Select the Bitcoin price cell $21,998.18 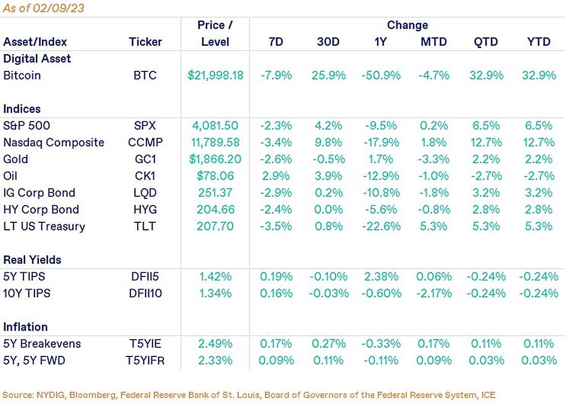pyautogui.click(x=215, y=75)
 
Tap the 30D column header pyautogui.click(x=328, y=42)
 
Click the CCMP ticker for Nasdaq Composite pyautogui.click(x=146, y=142)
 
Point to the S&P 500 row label pyautogui.click(x=27, y=126)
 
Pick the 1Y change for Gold pyautogui.click(x=380, y=159)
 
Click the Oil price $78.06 pyautogui.click(x=215, y=176)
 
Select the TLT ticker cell pyautogui.click(x=146, y=226)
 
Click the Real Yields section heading pyautogui.click(x=32, y=260)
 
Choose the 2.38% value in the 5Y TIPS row pyautogui.click(x=380, y=276)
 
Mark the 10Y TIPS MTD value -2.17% pyautogui.click(x=433, y=293)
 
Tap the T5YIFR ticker pyautogui.click(x=146, y=360)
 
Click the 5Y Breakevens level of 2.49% pyautogui.click(x=215, y=344)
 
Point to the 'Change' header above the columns pyautogui.click(x=407, y=25)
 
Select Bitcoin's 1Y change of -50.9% pyautogui.click(x=380, y=75)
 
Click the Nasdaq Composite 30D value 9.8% pyautogui.click(x=328, y=142)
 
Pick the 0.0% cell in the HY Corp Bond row pyautogui.click(x=328, y=209)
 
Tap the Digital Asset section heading pyautogui.click(x=37, y=59)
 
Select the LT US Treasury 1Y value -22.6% pyautogui.click(x=380, y=226)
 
